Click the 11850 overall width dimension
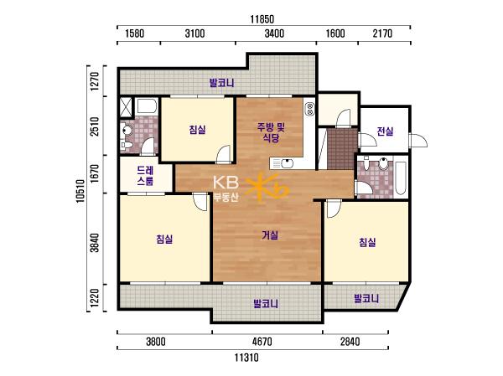(x=262, y=19)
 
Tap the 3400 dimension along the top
(x=274, y=33)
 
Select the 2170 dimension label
(x=382, y=33)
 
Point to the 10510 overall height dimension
(x=80, y=191)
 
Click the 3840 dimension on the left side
(x=95, y=243)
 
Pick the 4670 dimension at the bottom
(x=262, y=342)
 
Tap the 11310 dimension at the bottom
(x=246, y=357)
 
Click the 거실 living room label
(x=270, y=235)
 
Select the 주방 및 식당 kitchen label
(x=271, y=132)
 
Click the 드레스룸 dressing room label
(x=145, y=176)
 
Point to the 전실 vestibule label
(x=385, y=131)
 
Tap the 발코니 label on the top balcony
(x=221, y=83)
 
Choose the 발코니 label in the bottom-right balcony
(x=366, y=299)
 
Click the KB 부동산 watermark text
(x=226, y=189)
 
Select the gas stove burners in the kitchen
(x=310, y=108)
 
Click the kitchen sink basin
(x=288, y=164)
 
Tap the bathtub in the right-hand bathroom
(x=401, y=178)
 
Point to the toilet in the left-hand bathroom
(x=127, y=131)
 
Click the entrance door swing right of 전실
(x=418, y=140)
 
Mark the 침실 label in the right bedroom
(x=367, y=242)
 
